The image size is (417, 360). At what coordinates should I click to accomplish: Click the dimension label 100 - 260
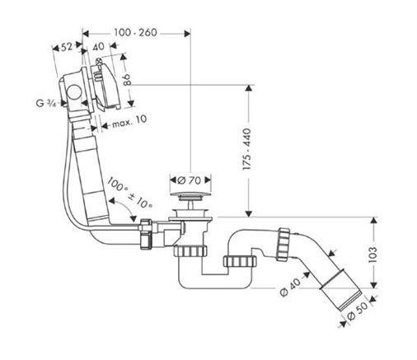pyautogui.click(x=135, y=34)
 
